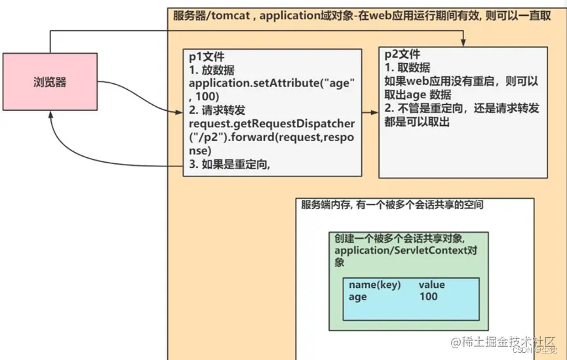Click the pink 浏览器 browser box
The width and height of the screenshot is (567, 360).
point(50,82)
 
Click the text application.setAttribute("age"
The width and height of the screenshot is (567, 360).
point(271,84)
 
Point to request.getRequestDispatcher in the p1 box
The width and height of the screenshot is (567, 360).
point(271,123)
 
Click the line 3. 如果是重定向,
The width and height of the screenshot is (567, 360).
point(229,165)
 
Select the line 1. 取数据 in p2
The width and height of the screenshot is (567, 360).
point(407,68)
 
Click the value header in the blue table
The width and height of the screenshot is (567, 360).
point(432,285)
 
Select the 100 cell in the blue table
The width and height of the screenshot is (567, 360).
point(428,296)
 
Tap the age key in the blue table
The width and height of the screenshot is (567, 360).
point(358,296)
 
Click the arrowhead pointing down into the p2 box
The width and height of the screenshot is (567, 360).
point(463,43)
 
